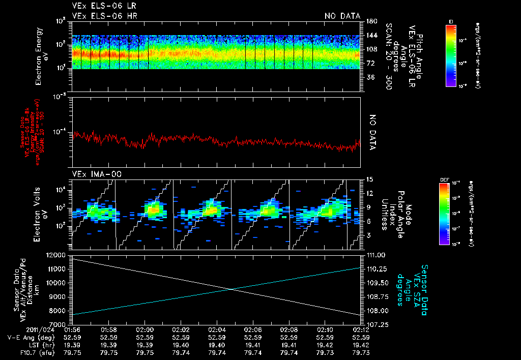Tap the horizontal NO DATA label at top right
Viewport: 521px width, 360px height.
pos(342,16)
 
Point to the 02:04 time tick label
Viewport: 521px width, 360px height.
pos(217,329)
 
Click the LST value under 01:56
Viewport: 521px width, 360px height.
pos(74,344)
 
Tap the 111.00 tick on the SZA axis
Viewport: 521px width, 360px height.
pos(374,255)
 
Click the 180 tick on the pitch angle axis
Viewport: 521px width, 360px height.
pos(370,21)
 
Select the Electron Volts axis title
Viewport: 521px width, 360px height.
pos(41,214)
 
